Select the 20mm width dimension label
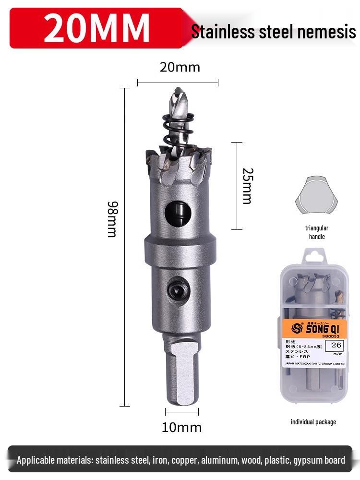(180, 67)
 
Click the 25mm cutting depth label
(247, 186)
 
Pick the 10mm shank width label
(181, 427)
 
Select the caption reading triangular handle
(316, 232)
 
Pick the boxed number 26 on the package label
(336, 345)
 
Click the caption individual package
(313, 422)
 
